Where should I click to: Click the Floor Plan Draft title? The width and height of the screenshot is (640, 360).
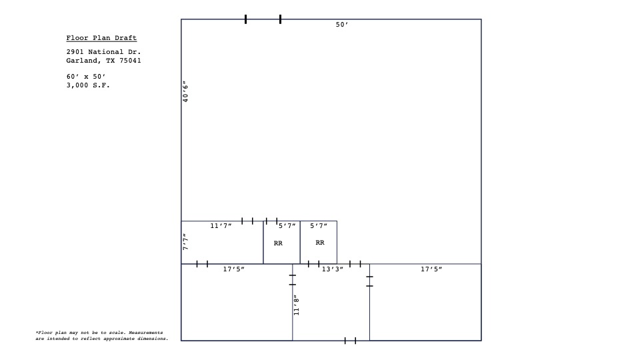pos(101,38)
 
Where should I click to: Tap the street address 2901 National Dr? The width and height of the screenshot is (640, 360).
pos(103,51)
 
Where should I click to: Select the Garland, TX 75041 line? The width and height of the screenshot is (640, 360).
pos(103,61)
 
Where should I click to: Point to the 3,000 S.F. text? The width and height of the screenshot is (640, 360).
pos(88,85)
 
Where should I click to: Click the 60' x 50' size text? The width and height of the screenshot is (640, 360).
pos(86,77)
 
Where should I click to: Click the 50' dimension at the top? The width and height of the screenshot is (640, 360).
pos(342,25)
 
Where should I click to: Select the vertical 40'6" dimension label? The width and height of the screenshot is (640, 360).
pos(186,91)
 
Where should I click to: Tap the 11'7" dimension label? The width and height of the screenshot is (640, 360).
pos(221,227)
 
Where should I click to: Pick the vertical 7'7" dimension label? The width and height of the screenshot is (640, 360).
pos(186,241)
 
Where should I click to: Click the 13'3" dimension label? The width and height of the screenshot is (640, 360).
pos(333,269)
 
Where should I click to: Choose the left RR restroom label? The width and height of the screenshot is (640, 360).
pos(278,243)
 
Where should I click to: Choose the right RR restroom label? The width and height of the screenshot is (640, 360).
pos(320,243)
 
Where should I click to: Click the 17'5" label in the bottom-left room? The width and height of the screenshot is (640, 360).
pos(233,269)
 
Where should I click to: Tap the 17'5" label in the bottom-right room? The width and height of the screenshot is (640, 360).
pos(431,269)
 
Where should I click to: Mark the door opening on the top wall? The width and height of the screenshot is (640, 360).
pos(263,19)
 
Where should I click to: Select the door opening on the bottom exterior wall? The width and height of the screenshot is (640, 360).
pos(350,341)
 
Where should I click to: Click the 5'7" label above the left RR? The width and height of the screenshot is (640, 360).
pos(287,227)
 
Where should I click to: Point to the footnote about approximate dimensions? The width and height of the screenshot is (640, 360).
pos(102,335)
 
